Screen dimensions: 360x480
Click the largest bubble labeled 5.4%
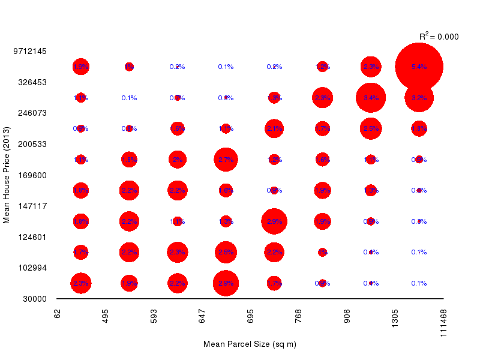click(419, 67)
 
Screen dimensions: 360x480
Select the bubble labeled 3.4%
click(371, 98)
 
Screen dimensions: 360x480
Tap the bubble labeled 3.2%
click(419, 98)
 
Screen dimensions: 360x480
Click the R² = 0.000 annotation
click(439, 37)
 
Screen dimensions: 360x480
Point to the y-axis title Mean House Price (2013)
click(7, 175)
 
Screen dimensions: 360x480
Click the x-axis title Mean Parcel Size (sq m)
click(250, 344)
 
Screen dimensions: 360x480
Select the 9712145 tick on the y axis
click(30, 51)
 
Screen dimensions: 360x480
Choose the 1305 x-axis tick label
click(395, 317)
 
